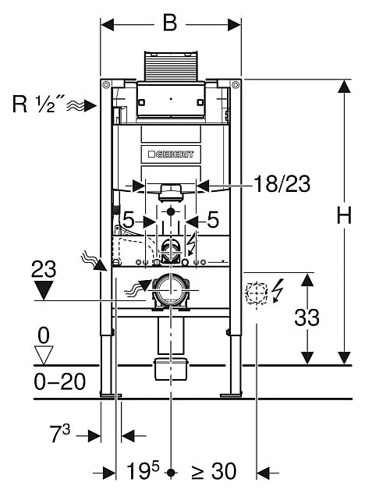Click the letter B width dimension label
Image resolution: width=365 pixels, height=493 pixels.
(170, 23)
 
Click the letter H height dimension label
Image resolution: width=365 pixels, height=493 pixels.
(344, 215)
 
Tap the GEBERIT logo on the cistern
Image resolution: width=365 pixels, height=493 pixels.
(171, 154)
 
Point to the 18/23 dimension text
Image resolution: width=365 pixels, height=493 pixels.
(282, 184)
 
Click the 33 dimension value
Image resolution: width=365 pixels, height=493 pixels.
(307, 317)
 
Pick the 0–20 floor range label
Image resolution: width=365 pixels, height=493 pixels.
(60, 382)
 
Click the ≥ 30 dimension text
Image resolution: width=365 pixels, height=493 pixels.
(214, 471)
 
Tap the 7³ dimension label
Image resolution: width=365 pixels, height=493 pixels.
(60, 433)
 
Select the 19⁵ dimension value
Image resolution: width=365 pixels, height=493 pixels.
(143, 470)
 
